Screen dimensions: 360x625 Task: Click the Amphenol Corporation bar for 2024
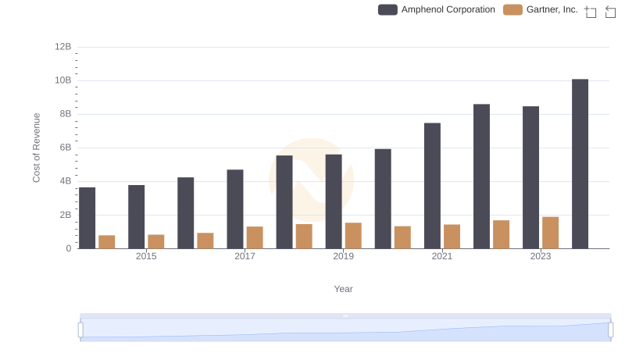click(x=580, y=164)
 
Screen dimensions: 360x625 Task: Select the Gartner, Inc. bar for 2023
click(x=551, y=233)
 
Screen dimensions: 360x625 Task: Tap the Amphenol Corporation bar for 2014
click(x=87, y=218)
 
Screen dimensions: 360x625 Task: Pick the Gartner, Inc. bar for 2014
click(x=107, y=242)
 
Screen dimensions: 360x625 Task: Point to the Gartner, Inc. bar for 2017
click(x=255, y=237)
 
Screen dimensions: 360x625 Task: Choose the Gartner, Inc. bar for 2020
click(x=402, y=237)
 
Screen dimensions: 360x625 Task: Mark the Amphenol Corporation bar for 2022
click(x=481, y=176)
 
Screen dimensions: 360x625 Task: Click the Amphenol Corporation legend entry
click(x=437, y=10)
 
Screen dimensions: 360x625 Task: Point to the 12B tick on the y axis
click(x=63, y=47)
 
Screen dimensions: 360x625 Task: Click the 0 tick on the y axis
click(x=69, y=248)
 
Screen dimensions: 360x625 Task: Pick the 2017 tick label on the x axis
click(x=245, y=256)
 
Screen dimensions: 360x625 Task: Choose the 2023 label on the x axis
click(x=541, y=256)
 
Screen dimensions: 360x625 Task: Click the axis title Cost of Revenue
click(x=37, y=148)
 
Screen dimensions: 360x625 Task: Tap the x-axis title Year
click(x=344, y=289)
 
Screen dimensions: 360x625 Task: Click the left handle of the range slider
click(x=80, y=330)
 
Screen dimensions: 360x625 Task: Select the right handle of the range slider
click(x=610, y=330)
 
